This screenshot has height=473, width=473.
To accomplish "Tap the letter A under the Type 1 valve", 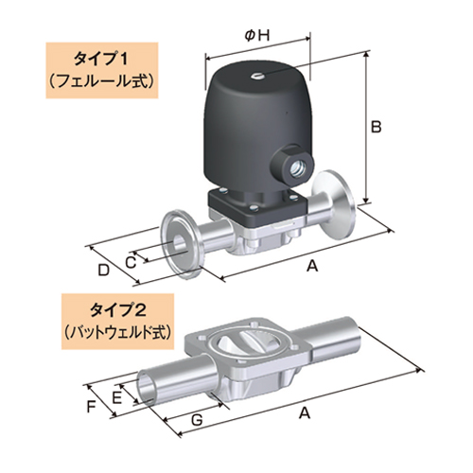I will pos(311,267).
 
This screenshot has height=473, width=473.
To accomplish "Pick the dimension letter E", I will pos(117,398).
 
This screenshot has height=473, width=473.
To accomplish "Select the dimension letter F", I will pos(92,408).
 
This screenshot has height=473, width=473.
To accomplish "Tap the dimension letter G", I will pos(196,418).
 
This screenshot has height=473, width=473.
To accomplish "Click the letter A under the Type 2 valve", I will pos(304,412).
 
